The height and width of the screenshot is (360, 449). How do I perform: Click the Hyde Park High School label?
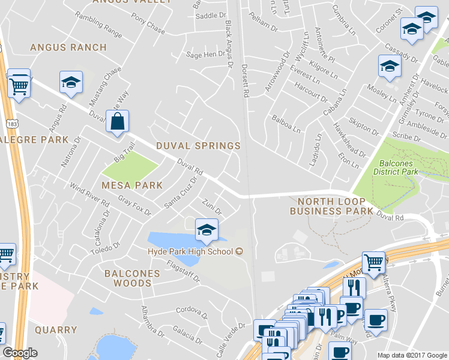click(190, 251)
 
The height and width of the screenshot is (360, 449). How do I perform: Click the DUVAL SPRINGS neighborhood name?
click(198, 146)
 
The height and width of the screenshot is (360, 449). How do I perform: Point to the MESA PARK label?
click(132, 185)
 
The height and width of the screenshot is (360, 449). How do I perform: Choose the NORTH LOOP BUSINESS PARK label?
click(331, 206)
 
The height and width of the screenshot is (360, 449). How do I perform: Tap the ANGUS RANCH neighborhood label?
click(68, 47)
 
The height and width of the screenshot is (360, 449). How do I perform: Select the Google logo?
click(20, 353)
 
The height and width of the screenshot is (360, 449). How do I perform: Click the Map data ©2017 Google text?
click(412, 355)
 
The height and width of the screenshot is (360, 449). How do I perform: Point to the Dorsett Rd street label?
click(244, 81)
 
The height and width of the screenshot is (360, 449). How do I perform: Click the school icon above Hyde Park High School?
click(206, 230)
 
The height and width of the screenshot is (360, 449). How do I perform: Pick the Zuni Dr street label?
click(212, 208)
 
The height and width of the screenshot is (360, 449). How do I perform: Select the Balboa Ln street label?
click(285, 124)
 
